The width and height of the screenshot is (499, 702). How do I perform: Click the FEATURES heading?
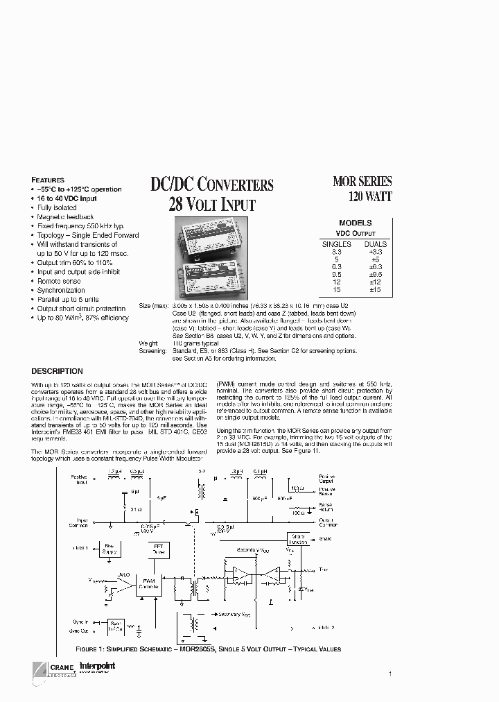(x=48, y=180)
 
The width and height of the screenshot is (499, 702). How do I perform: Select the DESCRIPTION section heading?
(x=57, y=371)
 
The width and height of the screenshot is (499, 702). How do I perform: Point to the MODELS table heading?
(x=356, y=223)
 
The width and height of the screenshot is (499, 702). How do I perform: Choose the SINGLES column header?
(x=336, y=244)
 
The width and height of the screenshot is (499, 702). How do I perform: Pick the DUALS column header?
(x=375, y=244)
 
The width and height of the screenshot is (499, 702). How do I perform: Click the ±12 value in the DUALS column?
(x=375, y=282)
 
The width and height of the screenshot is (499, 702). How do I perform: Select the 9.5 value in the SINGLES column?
(x=336, y=274)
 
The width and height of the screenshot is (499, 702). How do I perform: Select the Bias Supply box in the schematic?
(x=110, y=549)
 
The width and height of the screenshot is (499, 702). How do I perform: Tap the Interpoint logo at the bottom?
(x=98, y=667)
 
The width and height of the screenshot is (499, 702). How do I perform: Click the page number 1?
(x=390, y=674)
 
